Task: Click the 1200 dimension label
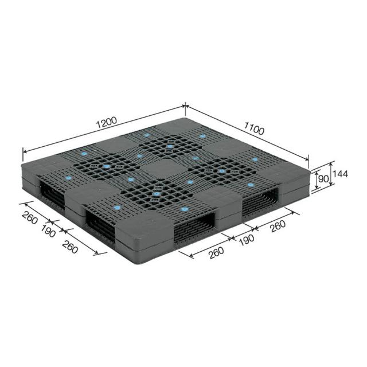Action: tap(107, 122)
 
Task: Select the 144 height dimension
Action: tap(340, 174)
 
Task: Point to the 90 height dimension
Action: tap(323, 179)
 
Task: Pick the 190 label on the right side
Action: tap(247, 239)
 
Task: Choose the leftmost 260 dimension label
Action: tap(29, 217)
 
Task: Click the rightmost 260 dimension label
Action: tap(278, 226)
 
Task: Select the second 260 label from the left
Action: tap(70, 247)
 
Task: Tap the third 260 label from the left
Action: tap(217, 253)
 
